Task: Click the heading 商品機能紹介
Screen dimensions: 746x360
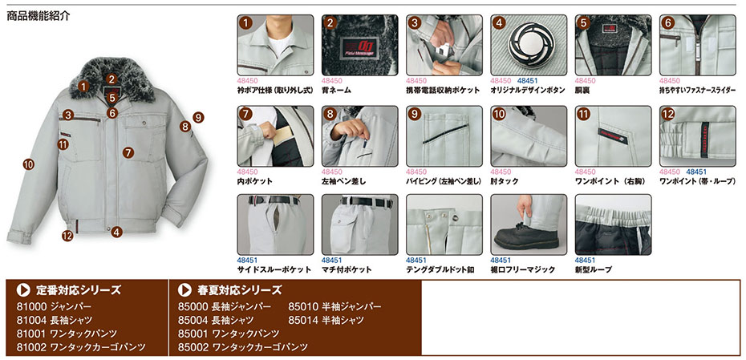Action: [x=39, y=16]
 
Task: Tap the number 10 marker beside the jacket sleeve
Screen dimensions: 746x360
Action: [x=29, y=165]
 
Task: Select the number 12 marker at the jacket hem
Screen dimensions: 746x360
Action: [x=67, y=235]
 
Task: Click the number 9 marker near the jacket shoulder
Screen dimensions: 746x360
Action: [x=198, y=117]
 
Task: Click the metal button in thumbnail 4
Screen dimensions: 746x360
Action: [x=528, y=46]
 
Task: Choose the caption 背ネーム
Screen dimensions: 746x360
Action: [x=336, y=90]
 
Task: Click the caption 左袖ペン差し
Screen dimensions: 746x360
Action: [x=347, y=181]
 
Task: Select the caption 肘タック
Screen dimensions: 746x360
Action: [x=505, y=181]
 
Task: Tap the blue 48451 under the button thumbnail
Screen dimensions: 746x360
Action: [x=527, y=81]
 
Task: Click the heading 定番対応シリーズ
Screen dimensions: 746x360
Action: [x=79, y=289]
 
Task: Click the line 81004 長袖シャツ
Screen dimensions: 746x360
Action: [x=55, y=320]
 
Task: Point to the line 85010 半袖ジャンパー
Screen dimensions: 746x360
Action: [x=335, y=306]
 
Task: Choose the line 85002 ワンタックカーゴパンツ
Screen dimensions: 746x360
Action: [x=243, y=346]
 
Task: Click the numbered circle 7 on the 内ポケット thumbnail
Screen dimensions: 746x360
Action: [x=246, y=114]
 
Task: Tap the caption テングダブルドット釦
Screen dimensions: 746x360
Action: [x=440, y=269]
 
